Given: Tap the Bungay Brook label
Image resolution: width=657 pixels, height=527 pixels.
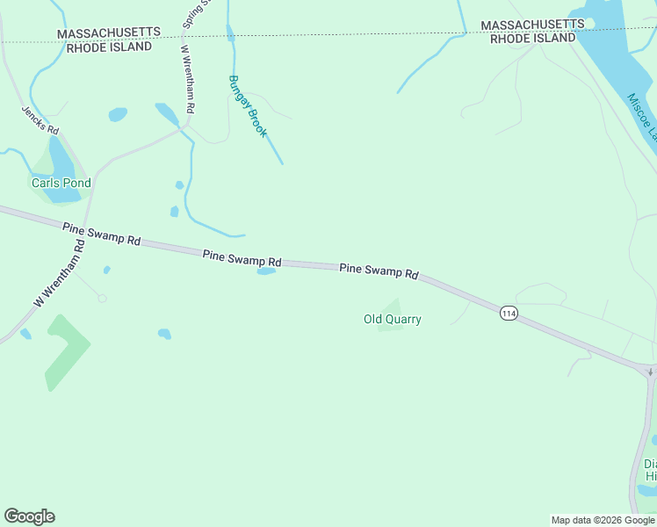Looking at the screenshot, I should coord(247,105).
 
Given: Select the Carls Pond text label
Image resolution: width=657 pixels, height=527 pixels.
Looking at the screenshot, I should coord(61,184).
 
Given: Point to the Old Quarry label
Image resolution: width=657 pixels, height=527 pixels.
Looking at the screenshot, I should coord(393,320).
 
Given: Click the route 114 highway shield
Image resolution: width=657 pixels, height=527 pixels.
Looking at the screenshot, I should coord(508,313).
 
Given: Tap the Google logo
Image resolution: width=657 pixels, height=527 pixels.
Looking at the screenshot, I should coord(29,516).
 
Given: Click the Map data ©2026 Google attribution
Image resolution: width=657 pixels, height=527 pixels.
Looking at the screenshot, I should coord(603,520).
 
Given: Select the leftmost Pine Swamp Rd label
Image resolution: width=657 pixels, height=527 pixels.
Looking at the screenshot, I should coord(102,234).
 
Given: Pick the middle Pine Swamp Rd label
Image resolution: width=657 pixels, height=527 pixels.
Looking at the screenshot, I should coord(242,258).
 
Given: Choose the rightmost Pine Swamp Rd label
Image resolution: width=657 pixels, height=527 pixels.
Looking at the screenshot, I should coord(379,271).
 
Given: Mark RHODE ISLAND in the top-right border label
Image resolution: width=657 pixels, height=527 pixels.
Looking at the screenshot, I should coord(533,39).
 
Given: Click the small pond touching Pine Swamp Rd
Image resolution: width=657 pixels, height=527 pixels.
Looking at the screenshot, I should coord(266,271).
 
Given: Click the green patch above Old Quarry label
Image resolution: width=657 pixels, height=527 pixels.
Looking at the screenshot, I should coord(392,306).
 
